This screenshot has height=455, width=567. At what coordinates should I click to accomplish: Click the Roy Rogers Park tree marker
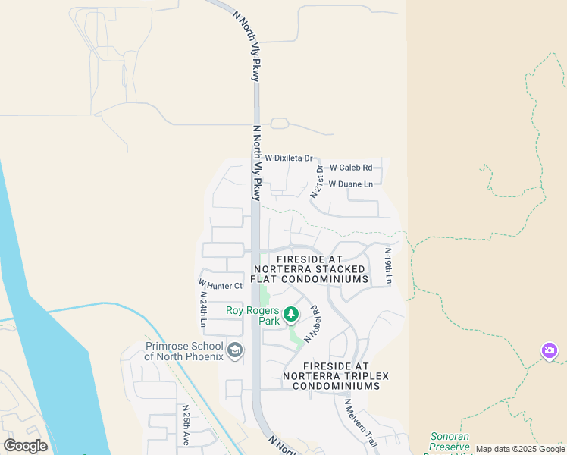(290, 313)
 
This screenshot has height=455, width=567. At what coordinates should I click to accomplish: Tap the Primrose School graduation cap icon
(235, 350)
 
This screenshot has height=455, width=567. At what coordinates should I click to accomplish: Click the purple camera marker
(550, 351)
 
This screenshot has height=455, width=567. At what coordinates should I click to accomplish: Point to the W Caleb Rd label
(351, 167)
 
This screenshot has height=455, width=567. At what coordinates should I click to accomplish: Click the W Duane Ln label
(350, 184)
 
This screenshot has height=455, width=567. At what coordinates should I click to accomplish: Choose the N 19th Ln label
(388, 266)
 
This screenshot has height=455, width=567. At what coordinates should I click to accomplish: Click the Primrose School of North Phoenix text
(184, 351)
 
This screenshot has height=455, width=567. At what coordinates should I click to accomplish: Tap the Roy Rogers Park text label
(253, 315)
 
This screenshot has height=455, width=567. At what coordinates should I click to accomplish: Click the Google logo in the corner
(26, 446)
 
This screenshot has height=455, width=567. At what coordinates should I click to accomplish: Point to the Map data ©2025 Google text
(521, 450)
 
